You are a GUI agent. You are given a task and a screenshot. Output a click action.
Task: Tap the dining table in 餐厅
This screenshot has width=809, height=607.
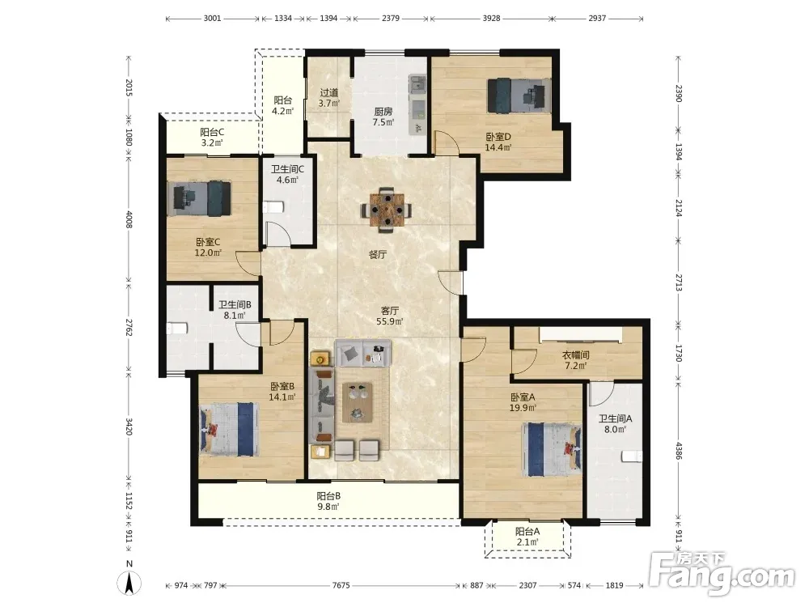(x=387, y=210)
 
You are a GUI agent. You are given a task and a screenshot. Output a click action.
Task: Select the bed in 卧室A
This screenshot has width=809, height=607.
(x=552, y=449)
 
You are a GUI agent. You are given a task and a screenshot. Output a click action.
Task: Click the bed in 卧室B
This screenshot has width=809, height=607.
(x=229, y=430)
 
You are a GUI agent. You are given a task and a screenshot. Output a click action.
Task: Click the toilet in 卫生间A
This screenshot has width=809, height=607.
(x=632, y=456)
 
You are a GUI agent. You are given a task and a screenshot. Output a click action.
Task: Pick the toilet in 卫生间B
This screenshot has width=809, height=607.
(x=177, y=329)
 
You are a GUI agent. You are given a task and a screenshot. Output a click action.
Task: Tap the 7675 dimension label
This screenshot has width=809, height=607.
(x=341, y=585)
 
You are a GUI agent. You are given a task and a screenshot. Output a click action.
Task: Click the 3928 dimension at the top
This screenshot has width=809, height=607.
(x=491, y=18)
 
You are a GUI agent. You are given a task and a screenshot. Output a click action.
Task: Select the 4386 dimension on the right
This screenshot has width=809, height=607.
(x=679, y=451)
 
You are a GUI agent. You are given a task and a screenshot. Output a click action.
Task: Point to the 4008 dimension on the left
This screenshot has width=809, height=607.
(x=129, y=219)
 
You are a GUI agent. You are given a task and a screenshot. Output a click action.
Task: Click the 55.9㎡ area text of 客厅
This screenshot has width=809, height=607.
(x=390, y=321)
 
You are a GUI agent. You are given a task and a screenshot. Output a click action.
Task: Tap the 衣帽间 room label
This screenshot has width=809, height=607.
(x=575, y=355)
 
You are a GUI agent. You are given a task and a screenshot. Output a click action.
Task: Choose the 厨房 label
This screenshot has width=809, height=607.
(x=383, y=112)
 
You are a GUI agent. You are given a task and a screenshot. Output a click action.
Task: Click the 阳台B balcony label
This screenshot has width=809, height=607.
(x=328, y=496)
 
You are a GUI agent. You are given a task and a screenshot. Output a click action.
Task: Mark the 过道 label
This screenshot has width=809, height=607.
(x=329, y=93)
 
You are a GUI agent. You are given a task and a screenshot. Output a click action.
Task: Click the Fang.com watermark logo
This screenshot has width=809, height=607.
(x=722, y=573)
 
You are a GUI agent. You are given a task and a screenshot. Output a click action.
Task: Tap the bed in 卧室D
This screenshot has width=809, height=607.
(x=519, y=96)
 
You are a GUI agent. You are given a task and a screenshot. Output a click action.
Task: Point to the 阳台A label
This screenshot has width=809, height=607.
(x=527, y=532)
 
